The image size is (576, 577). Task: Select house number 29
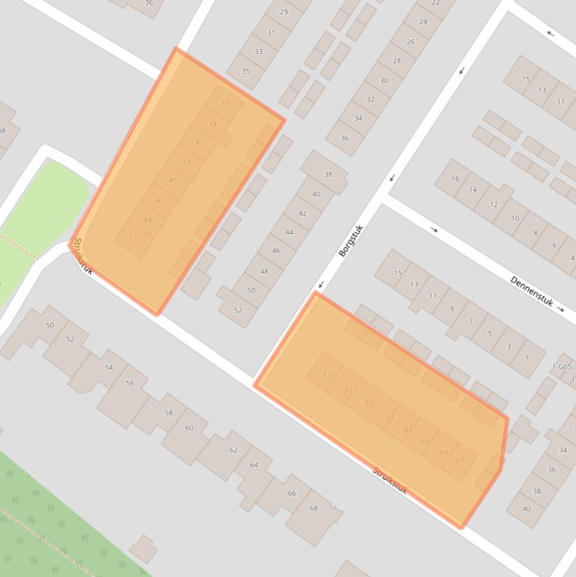(x=283, y=12)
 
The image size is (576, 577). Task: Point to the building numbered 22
(x=436, y=3)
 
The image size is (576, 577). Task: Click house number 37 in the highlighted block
(x=225, y=103)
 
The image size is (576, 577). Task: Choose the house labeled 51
(x=133, y=238)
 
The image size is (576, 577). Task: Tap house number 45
(x=173, y=181)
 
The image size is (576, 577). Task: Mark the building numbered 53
(x=327, y=376)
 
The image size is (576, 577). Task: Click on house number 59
(x=389, y=417)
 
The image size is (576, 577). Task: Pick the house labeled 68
(x=313, y=509)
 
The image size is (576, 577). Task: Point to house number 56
(x=130, y=383)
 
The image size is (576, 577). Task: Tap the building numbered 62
(x=233, y=450)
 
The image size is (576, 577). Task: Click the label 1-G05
(x=562, y=366)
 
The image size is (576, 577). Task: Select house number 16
(x=455, y=178)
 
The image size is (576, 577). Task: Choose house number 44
(x=289, y=232)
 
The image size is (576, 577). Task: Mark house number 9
(x=452, y=309)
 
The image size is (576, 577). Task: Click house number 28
(x=396, y=61)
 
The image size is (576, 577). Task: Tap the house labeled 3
(x=509, y=347)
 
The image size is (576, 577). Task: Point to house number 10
(x=515, y=218)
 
